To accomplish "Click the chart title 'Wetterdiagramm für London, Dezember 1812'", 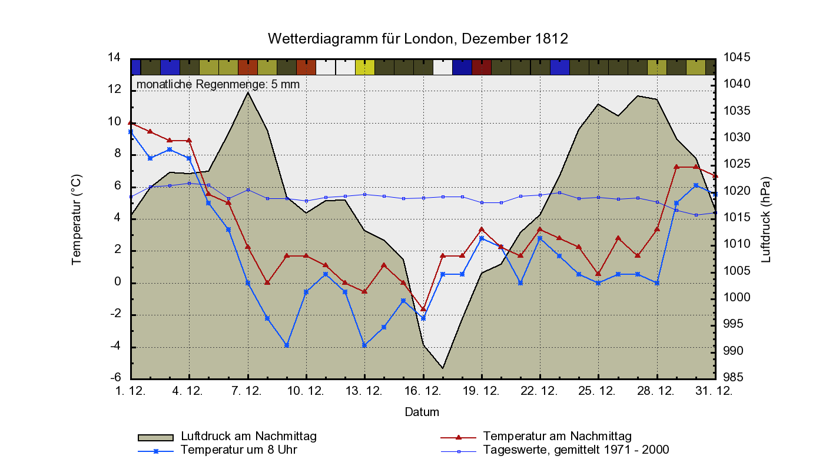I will click(x=418, y=39).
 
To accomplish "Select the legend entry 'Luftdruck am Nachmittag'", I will click(x=249, y=436).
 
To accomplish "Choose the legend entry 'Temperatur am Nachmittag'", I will click(x=557, y=436).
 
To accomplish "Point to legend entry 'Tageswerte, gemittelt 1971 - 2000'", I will click(x=576, y=450).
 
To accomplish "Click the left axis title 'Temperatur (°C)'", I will click(x=77, y=219).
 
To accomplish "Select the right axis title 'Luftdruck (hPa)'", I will click(x=766, y=219).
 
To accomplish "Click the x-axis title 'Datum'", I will click(x=422, y=412).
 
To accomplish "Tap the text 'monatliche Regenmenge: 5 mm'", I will click(x=218, y=84).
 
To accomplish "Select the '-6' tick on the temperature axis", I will click(x=115, y=378).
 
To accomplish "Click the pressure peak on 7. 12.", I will click(x=248, y=92).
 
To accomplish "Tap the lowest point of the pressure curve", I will click(x=443, y=368).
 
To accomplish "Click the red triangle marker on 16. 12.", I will click(x=423, y=308).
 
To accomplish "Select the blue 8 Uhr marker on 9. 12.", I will click(x=287, y=345).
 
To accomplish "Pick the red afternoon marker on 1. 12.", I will click(x=131, y=122).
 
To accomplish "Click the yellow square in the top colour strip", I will click(x=364, y=67).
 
